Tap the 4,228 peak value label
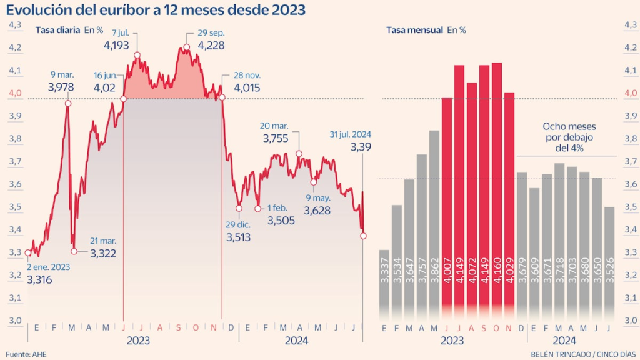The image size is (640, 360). (211, 45)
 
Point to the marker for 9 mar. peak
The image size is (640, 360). (68, 103)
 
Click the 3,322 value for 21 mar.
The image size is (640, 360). (103, 253)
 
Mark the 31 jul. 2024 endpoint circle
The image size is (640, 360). (363, 236)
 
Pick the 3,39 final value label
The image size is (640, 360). (361, 147)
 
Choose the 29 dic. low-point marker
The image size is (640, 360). (239, 208)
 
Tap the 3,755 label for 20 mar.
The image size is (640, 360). (276, 139)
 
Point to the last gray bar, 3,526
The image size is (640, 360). (609, 262)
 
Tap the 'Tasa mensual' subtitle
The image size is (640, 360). (414, 29)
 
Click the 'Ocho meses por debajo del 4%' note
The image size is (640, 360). (567, 136)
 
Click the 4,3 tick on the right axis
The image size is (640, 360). (630, 24)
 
